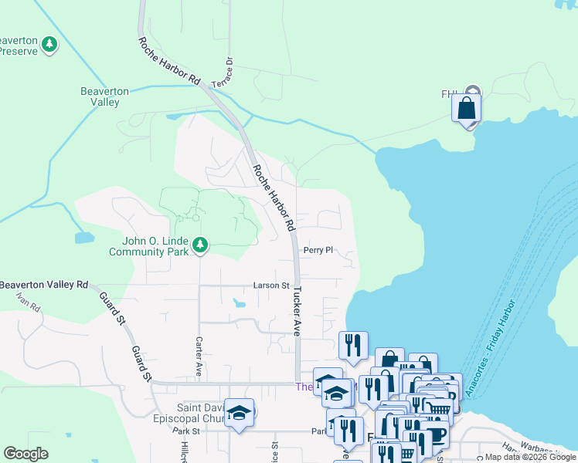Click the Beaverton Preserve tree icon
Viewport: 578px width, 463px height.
50,44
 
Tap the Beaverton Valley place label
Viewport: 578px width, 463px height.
104,96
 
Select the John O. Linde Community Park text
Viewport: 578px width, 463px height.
148,246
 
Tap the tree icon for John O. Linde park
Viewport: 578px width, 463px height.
201,245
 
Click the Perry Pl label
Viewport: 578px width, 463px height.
318,250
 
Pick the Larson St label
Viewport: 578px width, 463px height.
270,286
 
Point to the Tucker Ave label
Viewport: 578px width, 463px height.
296,312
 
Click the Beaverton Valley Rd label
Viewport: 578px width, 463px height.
44,285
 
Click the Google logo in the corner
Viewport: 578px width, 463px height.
25,454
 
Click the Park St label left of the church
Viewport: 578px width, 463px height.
186,431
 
